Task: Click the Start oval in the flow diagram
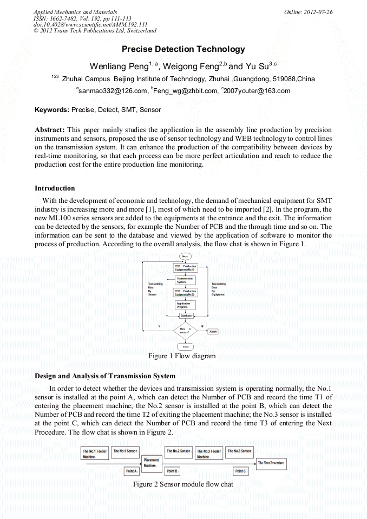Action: (x=185, y=256)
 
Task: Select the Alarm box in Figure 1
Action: (x=213, y=331)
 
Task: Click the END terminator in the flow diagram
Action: (x=185, y=346)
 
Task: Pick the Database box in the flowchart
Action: (x=186, y=316)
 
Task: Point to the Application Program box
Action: (x=185, y=305)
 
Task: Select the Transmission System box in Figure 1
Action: (x=185, y=280)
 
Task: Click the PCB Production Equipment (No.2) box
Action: (x=185, y=292)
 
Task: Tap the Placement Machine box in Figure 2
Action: (x=151, y=463)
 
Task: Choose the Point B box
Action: (x=172, y=471)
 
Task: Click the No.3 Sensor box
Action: (x=239, y=451)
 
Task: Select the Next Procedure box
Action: (x=272, y=463)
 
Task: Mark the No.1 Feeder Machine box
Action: (x=95, y=454)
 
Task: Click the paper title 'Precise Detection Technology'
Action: (x=183, y=49)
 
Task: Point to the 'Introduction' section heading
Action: (x=55, y=188)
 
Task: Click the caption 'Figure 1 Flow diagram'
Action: (x=182, y=356)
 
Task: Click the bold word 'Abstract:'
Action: (x=50, y=130)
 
